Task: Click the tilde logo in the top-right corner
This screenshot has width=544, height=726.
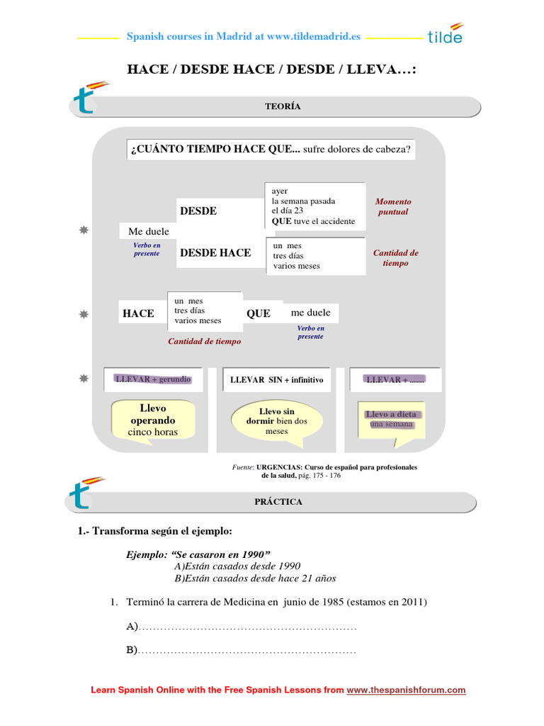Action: tap(446, 33)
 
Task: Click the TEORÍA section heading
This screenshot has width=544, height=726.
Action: tap(283, 106)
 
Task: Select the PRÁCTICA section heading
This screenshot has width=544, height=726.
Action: tap(278, 502)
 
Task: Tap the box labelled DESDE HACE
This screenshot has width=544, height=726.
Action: tap(215, 253)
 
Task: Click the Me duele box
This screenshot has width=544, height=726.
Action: tap(149, 232)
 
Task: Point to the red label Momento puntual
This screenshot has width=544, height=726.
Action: tap(393, 206)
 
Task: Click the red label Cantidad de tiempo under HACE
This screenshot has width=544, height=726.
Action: tap(204, 341)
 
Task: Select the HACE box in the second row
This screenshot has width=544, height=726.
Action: tap(138, 313)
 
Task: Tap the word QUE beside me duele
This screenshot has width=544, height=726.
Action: tap(259, 313)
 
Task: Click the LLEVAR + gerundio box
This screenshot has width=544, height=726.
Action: tap(153, 379)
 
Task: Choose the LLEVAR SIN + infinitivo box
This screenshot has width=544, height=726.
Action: tap(276, 380)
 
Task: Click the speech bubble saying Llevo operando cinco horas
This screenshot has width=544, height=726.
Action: tap(153, 420)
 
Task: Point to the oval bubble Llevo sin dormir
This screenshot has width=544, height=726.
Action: tap(276, 421)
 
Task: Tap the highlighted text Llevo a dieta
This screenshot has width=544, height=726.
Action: tap(391, 414)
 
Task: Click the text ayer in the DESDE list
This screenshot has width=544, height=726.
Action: tap(279, 191)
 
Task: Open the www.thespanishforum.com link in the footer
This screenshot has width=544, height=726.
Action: tap(406, 690)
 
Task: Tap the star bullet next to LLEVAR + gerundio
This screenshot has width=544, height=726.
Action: tap(84, 379)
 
